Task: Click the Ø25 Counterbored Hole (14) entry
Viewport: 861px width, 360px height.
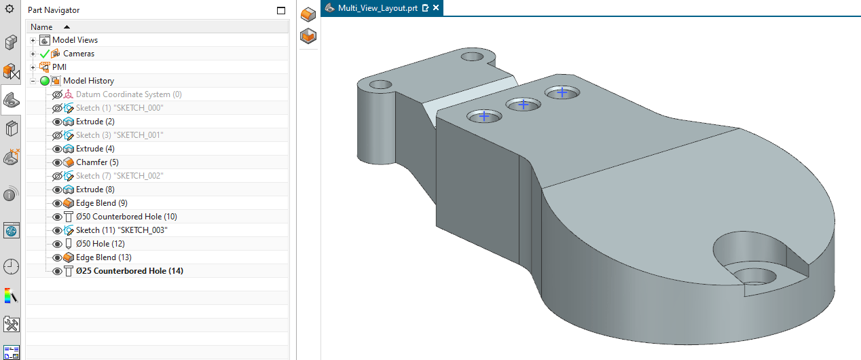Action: coord(129,271)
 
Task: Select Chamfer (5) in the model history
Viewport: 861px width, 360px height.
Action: coord(96,162)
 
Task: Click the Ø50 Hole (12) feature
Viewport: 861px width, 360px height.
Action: coord(100,244)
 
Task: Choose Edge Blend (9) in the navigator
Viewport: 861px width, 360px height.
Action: coord(101,203)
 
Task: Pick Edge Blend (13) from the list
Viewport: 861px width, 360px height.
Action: coord(103,257)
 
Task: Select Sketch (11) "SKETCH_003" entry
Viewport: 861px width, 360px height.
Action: coord(122,230)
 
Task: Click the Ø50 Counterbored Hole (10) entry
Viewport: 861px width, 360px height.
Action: coord(126,217)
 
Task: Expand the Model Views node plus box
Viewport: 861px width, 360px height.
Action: coord(33,40)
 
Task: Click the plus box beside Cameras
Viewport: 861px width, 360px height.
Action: coord(33,54)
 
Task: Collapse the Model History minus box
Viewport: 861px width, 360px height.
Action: coord(33,81)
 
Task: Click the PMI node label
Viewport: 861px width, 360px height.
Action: coord(59,67)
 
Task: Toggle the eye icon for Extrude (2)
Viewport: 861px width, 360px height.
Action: coord(57,122)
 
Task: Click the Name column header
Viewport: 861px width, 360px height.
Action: coord(41,26)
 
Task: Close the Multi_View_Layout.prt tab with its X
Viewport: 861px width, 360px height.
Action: coord(436,8)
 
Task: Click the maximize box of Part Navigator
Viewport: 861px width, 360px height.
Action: coord(281,10)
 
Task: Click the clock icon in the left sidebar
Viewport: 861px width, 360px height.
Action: coord(11,266)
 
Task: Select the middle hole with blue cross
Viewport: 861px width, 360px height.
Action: coord(523,105)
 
